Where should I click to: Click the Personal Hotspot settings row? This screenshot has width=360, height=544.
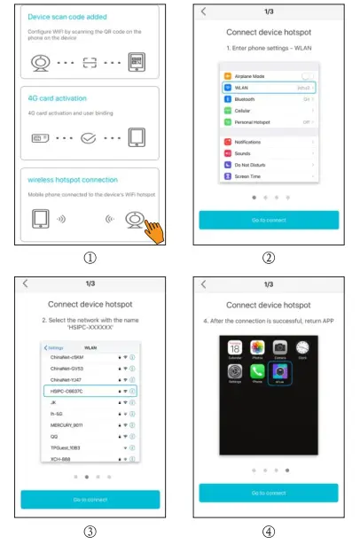click(x=269, y=121)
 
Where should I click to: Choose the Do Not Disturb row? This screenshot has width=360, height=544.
click(x=269, y=163)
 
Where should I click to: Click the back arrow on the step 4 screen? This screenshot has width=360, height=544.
click(x=205, y=284)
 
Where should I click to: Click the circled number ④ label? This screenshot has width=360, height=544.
click(x=269, y=532)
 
